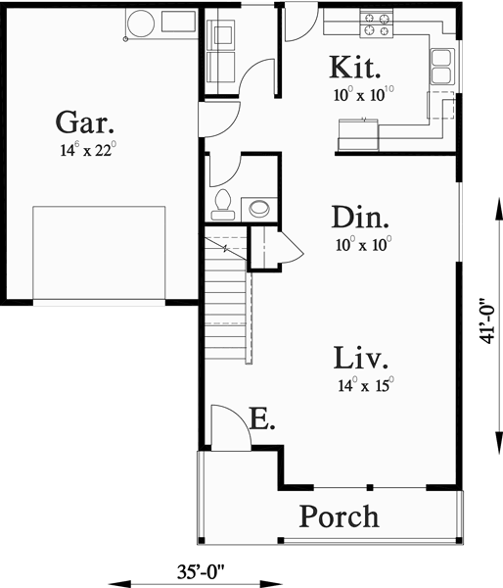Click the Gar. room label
point(85,123)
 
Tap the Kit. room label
point(355,69)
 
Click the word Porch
point(339,515)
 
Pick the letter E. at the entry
point(261,421)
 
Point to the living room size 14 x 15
point(362,384)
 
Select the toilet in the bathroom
point(222,204)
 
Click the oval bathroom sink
point(259,207)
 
